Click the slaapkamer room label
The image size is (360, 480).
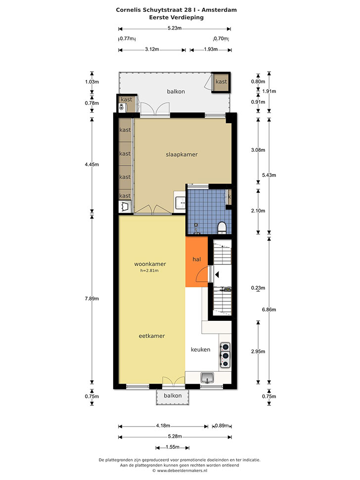pos(181,155)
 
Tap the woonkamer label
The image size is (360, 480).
pos(150,264)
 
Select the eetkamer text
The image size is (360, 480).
pos(152,336)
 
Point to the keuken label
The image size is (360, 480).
pos(200,349)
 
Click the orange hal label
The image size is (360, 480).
pos(196,260)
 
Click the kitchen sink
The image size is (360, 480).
pos(208,378)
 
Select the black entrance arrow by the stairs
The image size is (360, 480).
pos(217,274)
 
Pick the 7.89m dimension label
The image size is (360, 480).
pos(92,299)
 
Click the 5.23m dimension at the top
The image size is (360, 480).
pos(175,28)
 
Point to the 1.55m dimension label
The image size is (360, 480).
pos(173,447)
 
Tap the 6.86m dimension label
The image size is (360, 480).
pos(269,309)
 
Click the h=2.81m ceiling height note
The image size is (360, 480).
pos(149,270)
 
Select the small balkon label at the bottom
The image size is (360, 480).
pos(173,395)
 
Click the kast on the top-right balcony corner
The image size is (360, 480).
pos(221,82)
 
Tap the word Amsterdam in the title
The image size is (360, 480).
pos(219,10)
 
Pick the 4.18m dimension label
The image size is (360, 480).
pos(163,426)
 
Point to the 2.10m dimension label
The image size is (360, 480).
pos(258,211)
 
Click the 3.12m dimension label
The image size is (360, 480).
pos(152,49)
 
